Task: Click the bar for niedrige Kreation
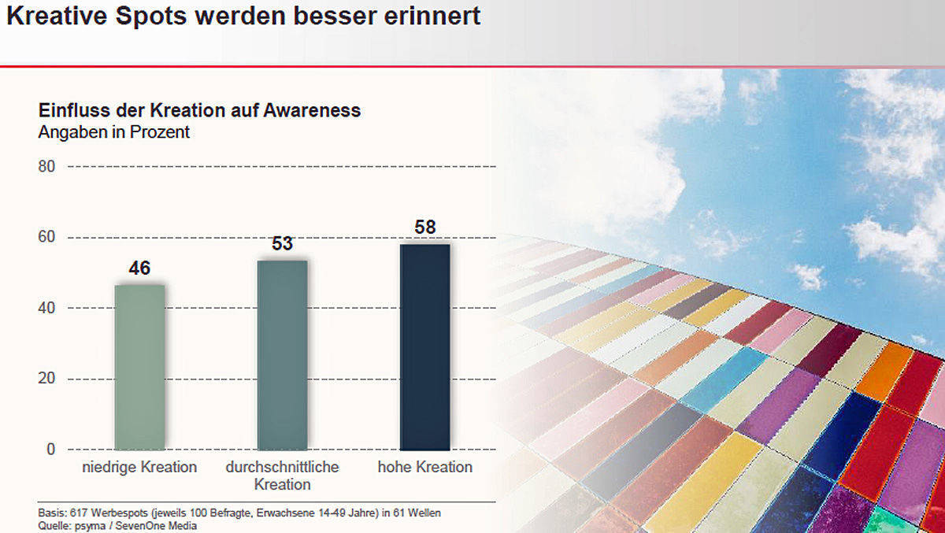(139, 367)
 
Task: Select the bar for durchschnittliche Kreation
(282, 354)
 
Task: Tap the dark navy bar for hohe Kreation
(424, 346)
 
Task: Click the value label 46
(139, 269)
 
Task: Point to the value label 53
(282, 244)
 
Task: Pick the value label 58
(424, 228)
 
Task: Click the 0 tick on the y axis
(50, 450)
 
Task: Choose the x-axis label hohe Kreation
(424, 467)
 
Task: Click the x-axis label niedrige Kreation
(139, 467)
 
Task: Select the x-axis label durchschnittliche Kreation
(282, 475)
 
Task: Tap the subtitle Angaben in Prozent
(114, 132)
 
